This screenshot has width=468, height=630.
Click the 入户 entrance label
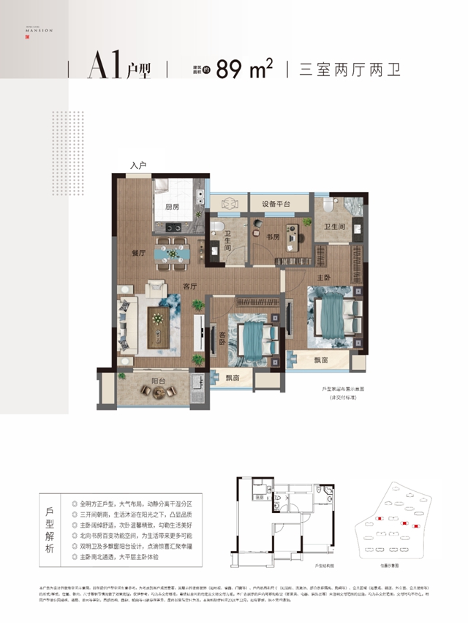coord(139,167)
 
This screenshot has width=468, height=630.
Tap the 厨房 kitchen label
coord(173,208)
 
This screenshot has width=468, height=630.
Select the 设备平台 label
coord(271,203)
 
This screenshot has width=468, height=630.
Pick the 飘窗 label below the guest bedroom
coord(233,377)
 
